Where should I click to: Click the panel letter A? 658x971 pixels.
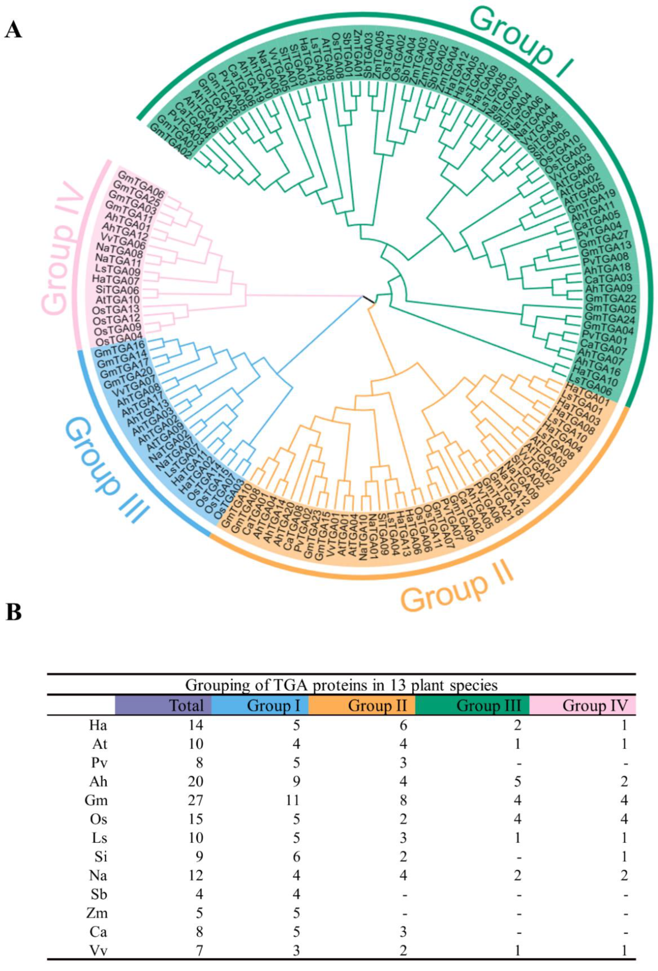click(13, 30)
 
